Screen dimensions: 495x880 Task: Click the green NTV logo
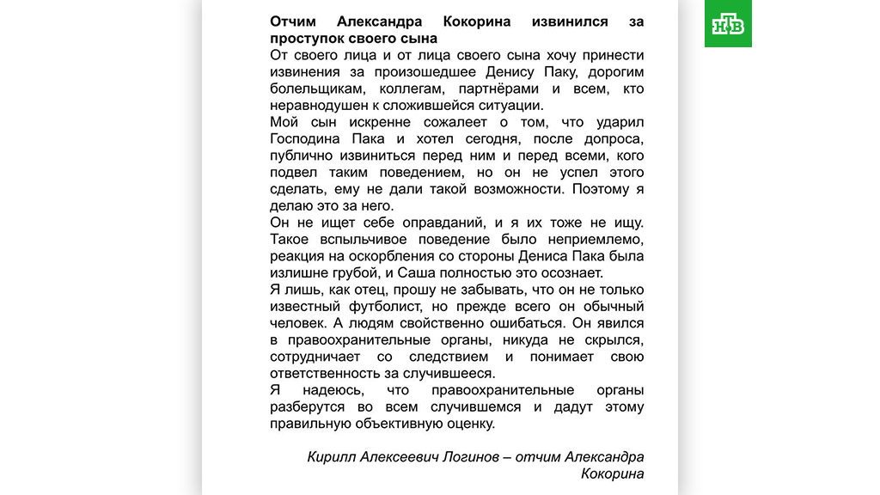coord(728,24)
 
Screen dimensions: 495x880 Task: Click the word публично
coord(302,156)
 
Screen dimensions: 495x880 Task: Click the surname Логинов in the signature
coord(468,457)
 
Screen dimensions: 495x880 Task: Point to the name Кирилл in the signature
coord(329,457)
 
